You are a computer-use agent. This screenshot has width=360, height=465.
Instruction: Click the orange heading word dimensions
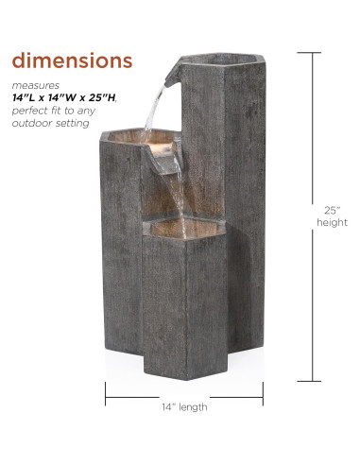coord(71,60)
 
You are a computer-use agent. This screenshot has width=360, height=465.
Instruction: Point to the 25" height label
coord(325,215)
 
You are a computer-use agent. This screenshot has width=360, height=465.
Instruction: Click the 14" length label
coord(183,407)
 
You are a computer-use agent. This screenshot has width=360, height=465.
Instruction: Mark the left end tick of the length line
coord(105,398)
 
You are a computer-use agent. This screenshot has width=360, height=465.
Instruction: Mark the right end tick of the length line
coord(262,398)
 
